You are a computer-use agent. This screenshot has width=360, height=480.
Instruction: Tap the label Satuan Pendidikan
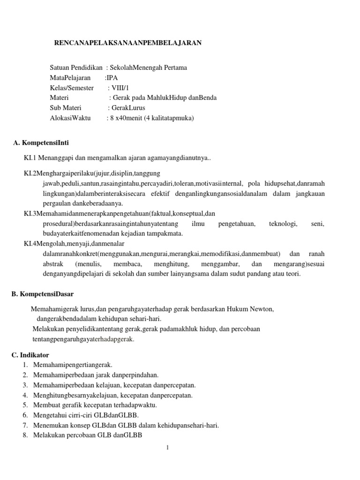point(76,67)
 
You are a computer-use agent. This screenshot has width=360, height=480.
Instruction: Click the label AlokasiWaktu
point(70,118)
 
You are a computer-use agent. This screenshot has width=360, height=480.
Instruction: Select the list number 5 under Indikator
point(25,405)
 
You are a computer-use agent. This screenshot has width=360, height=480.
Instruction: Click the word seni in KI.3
point(317,224)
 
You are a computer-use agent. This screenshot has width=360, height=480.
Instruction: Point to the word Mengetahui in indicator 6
point(48,415)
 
